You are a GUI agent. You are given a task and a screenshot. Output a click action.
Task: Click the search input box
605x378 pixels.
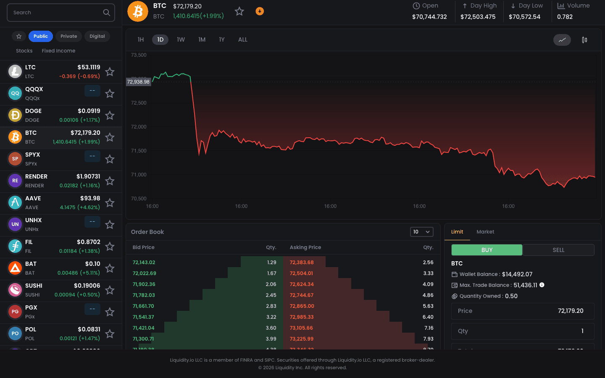[x=57, y=13]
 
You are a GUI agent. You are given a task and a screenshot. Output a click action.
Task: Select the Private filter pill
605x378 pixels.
[x=68, y=36]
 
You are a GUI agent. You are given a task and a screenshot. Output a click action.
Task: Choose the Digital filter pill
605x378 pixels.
[x=97, y=36]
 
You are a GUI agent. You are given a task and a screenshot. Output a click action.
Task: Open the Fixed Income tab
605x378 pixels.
[x=58, y=51]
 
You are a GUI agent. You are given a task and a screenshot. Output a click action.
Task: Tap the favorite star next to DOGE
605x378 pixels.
[x=110, y=115]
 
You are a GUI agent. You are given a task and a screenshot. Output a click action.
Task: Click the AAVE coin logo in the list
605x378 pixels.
[x=15, y=202]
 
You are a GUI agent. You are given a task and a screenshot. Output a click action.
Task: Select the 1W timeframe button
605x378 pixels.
[x=181, y=39]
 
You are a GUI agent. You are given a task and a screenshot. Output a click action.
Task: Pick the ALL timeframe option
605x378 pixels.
[x=243, y=39]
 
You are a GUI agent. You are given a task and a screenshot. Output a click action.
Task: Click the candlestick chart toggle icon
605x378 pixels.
[x=584, y=40]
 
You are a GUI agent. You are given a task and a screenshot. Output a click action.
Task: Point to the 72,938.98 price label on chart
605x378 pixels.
[x=138, y=82]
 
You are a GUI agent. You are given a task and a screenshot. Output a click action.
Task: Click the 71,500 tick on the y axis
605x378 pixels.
[x=139, y=151]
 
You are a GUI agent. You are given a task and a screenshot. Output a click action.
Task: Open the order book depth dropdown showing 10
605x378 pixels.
[x=421, y=232]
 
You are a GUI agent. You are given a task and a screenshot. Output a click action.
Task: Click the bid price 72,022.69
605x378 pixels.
[x=144, y=273]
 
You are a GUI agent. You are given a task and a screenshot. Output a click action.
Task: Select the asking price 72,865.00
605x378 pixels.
[x=302, y=306]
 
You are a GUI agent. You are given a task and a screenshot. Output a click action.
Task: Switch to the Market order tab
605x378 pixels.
[x=485, y=232]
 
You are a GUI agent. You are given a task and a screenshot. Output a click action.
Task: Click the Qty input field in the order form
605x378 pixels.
[x=522, y=331]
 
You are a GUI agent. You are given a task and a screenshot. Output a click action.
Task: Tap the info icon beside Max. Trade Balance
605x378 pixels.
[x=542, y=285]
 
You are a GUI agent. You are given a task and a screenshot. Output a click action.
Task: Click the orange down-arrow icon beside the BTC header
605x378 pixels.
[x=260, y=11]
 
